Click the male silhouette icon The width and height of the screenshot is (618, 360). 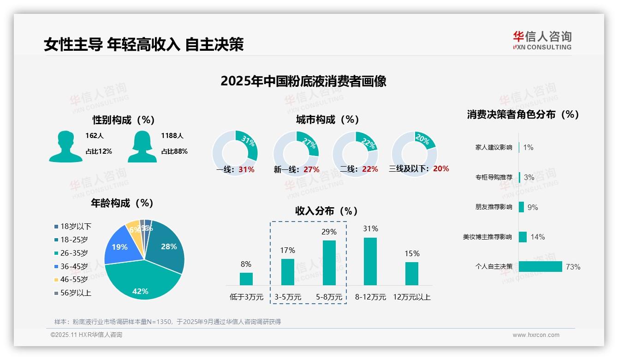click(65, 146)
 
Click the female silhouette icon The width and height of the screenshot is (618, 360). click(142, 146)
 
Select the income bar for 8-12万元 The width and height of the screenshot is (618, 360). click(370, 261)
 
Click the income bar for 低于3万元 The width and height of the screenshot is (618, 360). click(246, 279)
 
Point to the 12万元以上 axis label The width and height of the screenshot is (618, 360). click(411, 297)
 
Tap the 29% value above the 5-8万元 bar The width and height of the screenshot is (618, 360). click(329, 232)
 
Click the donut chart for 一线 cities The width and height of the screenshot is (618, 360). click(235, 152)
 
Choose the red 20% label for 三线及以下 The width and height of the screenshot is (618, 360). click(441, 169)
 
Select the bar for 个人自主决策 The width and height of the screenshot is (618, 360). click(540, 267)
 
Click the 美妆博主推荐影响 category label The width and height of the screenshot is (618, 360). click(487, 237)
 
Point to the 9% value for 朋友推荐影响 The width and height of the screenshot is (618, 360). click(533, 207)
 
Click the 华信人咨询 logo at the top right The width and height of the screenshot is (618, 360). click(542, 40)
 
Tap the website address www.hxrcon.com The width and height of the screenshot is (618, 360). click(536, 335)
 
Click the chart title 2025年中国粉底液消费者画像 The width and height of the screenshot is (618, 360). click(303, 81)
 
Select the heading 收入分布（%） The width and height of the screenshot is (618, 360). click(327, 211)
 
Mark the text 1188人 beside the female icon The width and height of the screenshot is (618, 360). click(172, 136)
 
